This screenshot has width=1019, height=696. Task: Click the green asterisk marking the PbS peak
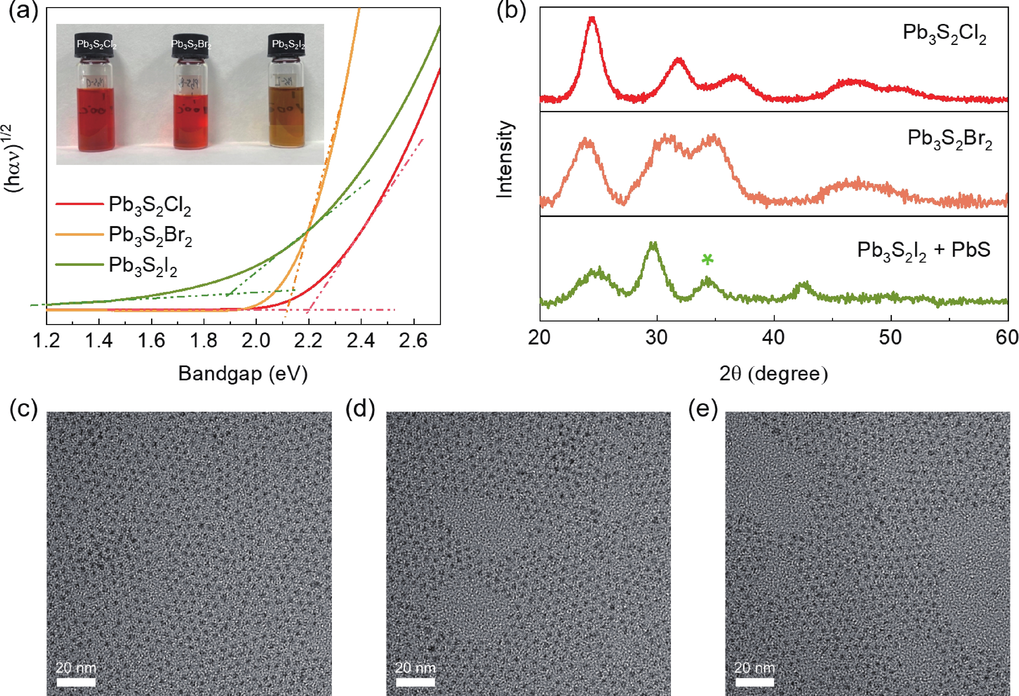pyautogui.click(x=707, y=259)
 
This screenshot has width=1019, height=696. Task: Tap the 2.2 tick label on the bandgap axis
pyautogui.click(x=308, y=341)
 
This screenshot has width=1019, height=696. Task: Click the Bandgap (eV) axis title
pyautogui.click(x=243, y=374)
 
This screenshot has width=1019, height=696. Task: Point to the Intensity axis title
pyautogui.click(x=505, y=159)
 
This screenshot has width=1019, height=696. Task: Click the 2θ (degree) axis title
pyautogui.click(x=773, y=374)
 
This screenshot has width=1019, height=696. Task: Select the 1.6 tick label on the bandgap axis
pyautogui.click(x=151, y=341)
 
